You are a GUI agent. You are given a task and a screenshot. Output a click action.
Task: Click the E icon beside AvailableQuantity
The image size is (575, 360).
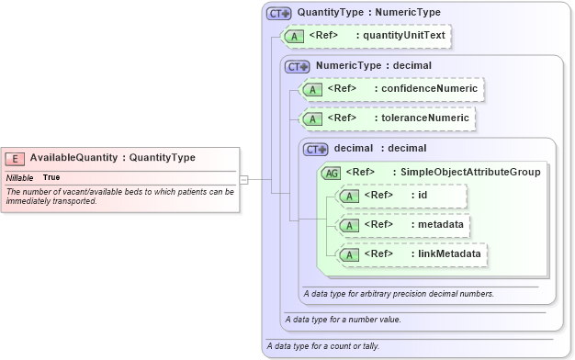(17, 158)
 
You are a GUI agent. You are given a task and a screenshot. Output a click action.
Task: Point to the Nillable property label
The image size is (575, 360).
(20, 177)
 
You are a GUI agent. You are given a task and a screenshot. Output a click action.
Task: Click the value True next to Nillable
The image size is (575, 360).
(51, 177)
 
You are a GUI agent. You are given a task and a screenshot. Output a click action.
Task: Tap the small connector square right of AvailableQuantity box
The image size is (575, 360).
(243, 180)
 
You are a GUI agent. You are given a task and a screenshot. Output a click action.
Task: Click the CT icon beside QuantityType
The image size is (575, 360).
(278, 14)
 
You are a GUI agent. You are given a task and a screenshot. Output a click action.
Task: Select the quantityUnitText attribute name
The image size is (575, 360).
(405, 36)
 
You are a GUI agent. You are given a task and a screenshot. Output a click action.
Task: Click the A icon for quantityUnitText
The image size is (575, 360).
(294, 36)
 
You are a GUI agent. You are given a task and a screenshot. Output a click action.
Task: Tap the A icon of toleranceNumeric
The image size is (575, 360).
(312, 118)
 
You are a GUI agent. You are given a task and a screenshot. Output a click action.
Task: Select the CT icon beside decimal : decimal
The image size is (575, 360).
(315, 149)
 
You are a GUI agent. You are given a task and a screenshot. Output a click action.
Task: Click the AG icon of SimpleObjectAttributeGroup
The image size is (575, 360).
(330, 172)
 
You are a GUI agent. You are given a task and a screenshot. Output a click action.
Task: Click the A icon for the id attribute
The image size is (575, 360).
(349, 196)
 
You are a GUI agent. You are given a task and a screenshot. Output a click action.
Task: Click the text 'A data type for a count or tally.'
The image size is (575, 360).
(321, 346)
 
